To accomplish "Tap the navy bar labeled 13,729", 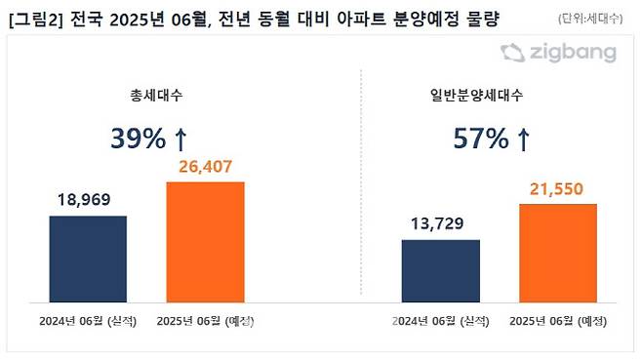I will [441, 267].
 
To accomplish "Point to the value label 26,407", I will [206, 167].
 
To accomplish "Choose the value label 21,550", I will [558, 188].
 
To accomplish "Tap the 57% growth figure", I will [482, 140].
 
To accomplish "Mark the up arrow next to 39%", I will [182, 140].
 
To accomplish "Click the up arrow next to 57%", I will [523, 140].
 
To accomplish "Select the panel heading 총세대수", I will [147, 96].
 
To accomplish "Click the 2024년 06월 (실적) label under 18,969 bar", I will [89, 321].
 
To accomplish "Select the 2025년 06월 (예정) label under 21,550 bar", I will [559, 321].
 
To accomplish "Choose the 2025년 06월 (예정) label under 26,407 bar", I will [206, 321].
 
